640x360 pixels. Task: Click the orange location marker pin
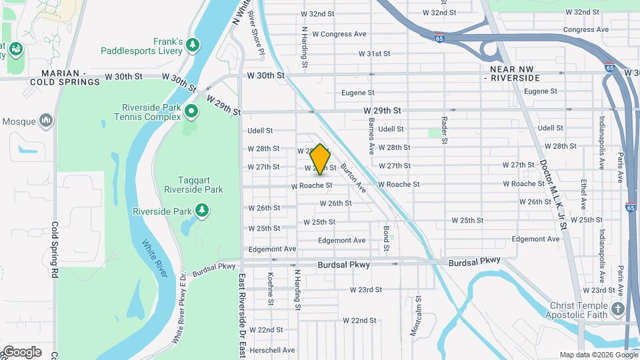click(x=321, y=159)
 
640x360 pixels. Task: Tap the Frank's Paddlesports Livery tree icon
click(x=193, y=44)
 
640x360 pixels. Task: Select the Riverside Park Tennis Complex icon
click(x=192, y=111)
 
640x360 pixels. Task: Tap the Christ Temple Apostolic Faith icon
click(x=618, y=309)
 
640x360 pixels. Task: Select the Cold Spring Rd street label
click(x=55, y=250)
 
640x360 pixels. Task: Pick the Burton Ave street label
click(x=353, y=178)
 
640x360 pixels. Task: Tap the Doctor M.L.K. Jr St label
click(x=553, y=194)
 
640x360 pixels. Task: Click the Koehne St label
click(x=271, y=288)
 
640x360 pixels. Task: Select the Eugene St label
click(x=357, y=93)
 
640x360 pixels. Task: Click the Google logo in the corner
click(x=21, y=352)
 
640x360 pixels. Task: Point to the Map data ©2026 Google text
click(x=598, y=355)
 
